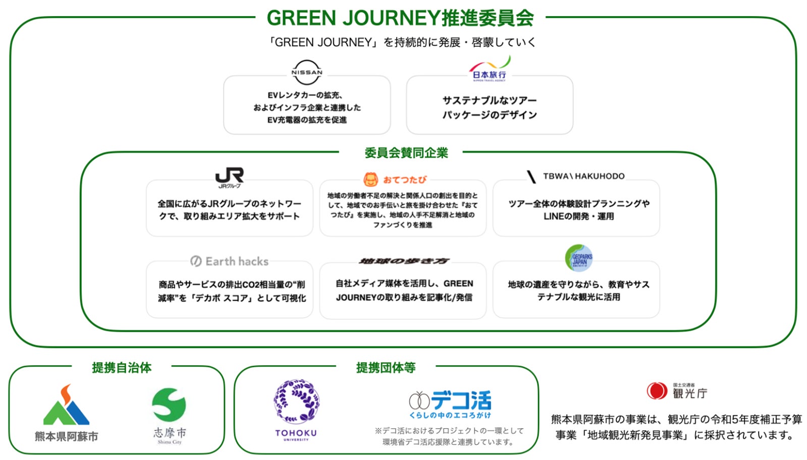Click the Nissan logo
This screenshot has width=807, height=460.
click(x=306, y=73)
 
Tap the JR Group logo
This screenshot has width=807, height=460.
click(x=229, y=177)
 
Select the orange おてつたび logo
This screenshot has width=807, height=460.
click(x=395, y=180)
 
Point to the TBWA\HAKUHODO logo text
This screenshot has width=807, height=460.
click(x=576, y=176)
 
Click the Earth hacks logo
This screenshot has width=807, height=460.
click(x=229, y=261)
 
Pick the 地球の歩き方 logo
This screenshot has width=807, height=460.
click(x=404, y=261)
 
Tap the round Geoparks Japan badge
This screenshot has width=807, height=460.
click(x=578, y=258)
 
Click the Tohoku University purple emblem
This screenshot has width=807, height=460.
click(x=296, y=401)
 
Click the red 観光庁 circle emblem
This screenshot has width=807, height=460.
click(x=657, y=390)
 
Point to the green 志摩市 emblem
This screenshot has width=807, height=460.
click(x=169, y=405)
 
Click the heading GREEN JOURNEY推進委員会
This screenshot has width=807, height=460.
click(x=400, y=18)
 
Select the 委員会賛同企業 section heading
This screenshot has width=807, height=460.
click(x=406, y=153)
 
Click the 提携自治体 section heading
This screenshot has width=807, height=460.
click(x=122, y=368)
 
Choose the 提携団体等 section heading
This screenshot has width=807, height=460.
click(x=386, y=368)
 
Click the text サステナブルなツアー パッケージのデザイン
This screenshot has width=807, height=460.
click(x=490, y=107)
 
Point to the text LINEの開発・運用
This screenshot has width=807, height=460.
click(x=578, y=216)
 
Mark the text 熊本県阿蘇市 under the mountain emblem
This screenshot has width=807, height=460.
click(x=66, y=436)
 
